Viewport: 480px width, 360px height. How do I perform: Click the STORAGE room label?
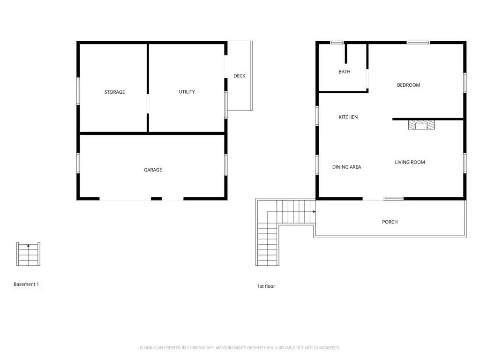click(x=114, y=92)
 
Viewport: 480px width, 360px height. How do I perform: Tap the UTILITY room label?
click(x=187, y=92)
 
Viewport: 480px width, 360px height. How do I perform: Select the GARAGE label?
click(x=153, y=170)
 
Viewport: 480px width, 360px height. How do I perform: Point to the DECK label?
click(x=240, y=75)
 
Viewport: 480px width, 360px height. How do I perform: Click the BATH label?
click(x=345, y=72)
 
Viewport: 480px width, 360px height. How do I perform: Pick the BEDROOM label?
click(x=408, y=85)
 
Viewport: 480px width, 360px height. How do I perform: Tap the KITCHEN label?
click(x=348, y=117)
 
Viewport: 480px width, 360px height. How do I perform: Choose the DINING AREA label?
click(x=346, y=167)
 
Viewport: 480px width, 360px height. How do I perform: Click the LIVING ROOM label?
click(x=410, y=162)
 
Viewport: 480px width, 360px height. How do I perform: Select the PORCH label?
click(x=390, y=222)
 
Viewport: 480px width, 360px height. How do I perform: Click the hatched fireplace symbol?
click(x=421, y=125)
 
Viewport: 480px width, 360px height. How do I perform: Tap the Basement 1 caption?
click(x=26, y=284)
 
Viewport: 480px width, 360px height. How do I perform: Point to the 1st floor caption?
click(x=266, y=286)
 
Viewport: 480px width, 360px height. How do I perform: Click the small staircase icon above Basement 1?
click(x=28, y=254)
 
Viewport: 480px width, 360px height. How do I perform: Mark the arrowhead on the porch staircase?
click(x=314, y=211)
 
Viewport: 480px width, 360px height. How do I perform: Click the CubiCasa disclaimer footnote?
click(x=240, y=347)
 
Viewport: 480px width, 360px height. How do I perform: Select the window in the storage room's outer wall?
click(x=78, y=91)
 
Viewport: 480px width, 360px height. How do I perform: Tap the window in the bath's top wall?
click(x=337, y=43)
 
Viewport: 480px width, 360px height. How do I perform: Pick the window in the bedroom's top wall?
click(x=418, y=43)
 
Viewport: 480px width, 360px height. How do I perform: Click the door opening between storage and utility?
click(x=148, y=104)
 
